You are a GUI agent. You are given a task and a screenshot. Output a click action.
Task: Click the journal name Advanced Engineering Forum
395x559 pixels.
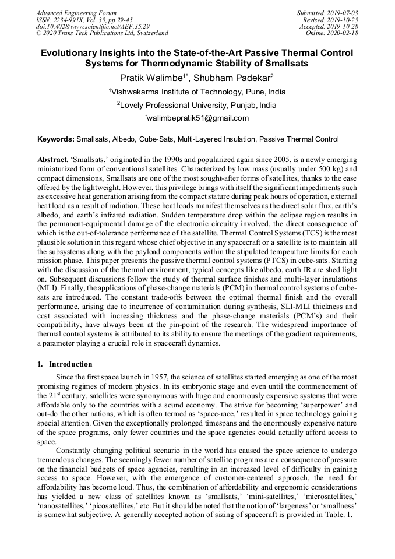pyautogui.click(x=76, y=13)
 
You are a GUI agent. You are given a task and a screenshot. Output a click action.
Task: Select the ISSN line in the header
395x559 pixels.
pyautogui.click(x=84, y=20)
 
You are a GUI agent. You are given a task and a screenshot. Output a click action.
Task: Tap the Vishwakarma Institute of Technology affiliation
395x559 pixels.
pyautogui.click(x=198, y=92)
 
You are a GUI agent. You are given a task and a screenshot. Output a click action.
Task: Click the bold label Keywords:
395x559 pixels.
pyautogui.click(x=56, y=140)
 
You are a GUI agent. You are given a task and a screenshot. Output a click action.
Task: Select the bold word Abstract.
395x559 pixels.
pyautogui.click(x=53, y=160)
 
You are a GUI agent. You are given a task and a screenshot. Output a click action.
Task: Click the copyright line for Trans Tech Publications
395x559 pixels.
pyautogui.click(x=102, y=33)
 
